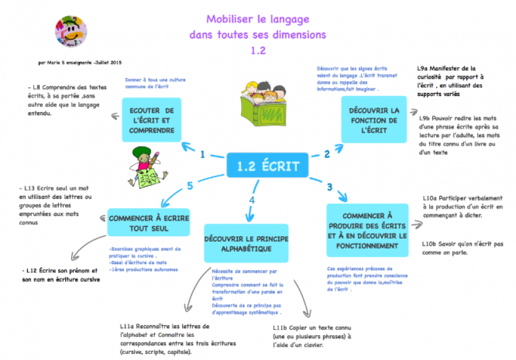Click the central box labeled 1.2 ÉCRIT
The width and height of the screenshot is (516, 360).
coord(268,166)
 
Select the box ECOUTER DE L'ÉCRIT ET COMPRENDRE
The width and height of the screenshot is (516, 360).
coord(151,120)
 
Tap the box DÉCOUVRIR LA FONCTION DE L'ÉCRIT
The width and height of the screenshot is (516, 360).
coord(374,120)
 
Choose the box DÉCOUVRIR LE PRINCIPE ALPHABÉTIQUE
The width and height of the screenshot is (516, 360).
coord(246,244)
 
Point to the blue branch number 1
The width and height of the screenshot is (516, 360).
coord(203,155)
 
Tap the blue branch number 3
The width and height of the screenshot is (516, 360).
coord(330,187)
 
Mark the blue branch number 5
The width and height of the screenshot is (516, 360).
coord(190,185)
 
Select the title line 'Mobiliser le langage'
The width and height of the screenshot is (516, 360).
coord(258,20)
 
